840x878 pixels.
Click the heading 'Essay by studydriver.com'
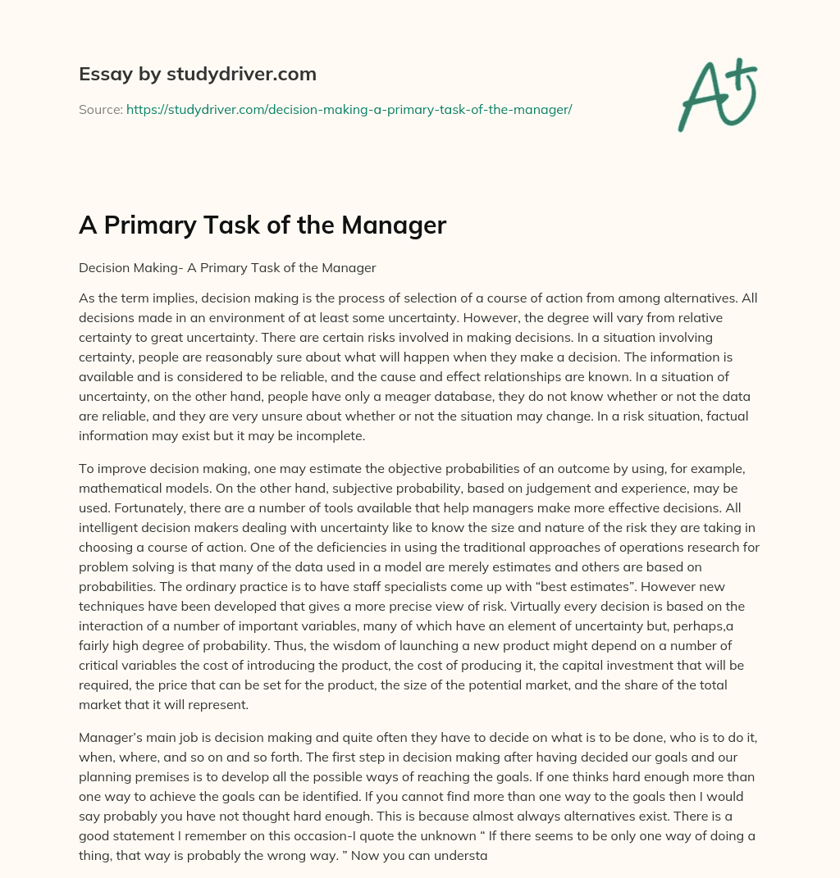pos(197,75)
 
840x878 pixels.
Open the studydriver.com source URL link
pos(349,109)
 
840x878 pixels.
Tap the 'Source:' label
pos(100,109)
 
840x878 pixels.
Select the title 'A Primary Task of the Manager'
pos(262,225)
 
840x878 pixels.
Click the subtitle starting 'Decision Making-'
pos(227,267)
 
